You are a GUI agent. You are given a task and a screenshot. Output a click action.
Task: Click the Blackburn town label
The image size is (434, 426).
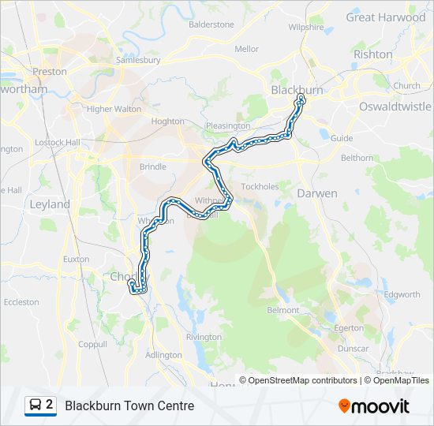click(x=297, y=90)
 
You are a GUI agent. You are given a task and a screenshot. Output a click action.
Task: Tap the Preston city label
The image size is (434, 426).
click(x=50, y=71)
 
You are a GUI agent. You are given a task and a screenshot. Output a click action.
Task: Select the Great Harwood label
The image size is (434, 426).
click(x=385, y=17)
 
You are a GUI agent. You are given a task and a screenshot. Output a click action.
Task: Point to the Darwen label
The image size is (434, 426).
click(x=317, y=192)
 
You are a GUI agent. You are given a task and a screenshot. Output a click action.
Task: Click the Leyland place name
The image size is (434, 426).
click(x=50, y=204)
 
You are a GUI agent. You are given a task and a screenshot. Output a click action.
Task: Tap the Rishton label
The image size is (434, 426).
click(x=373, y=54)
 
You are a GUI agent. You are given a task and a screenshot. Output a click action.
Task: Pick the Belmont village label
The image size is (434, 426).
click(x=283, y=310)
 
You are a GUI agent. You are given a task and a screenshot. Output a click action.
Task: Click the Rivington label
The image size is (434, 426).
click(x=204, y=337)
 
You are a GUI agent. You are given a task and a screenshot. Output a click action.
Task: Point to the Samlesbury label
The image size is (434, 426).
click(x=138, y=59)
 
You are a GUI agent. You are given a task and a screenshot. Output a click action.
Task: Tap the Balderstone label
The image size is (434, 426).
click(x=211, y=24)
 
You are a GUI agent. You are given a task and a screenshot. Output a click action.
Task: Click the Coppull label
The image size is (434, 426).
click(x=92, y=344)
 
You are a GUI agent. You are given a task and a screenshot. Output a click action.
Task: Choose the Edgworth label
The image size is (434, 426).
click(x=402, y=294)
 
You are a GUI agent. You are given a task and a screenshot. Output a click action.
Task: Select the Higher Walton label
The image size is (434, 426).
click(x=114, y=109)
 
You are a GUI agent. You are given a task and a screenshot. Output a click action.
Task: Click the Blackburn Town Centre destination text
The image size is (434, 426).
click(x=129, y=406)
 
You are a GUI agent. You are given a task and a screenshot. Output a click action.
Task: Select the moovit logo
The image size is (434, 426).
click(x=374, y=406)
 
